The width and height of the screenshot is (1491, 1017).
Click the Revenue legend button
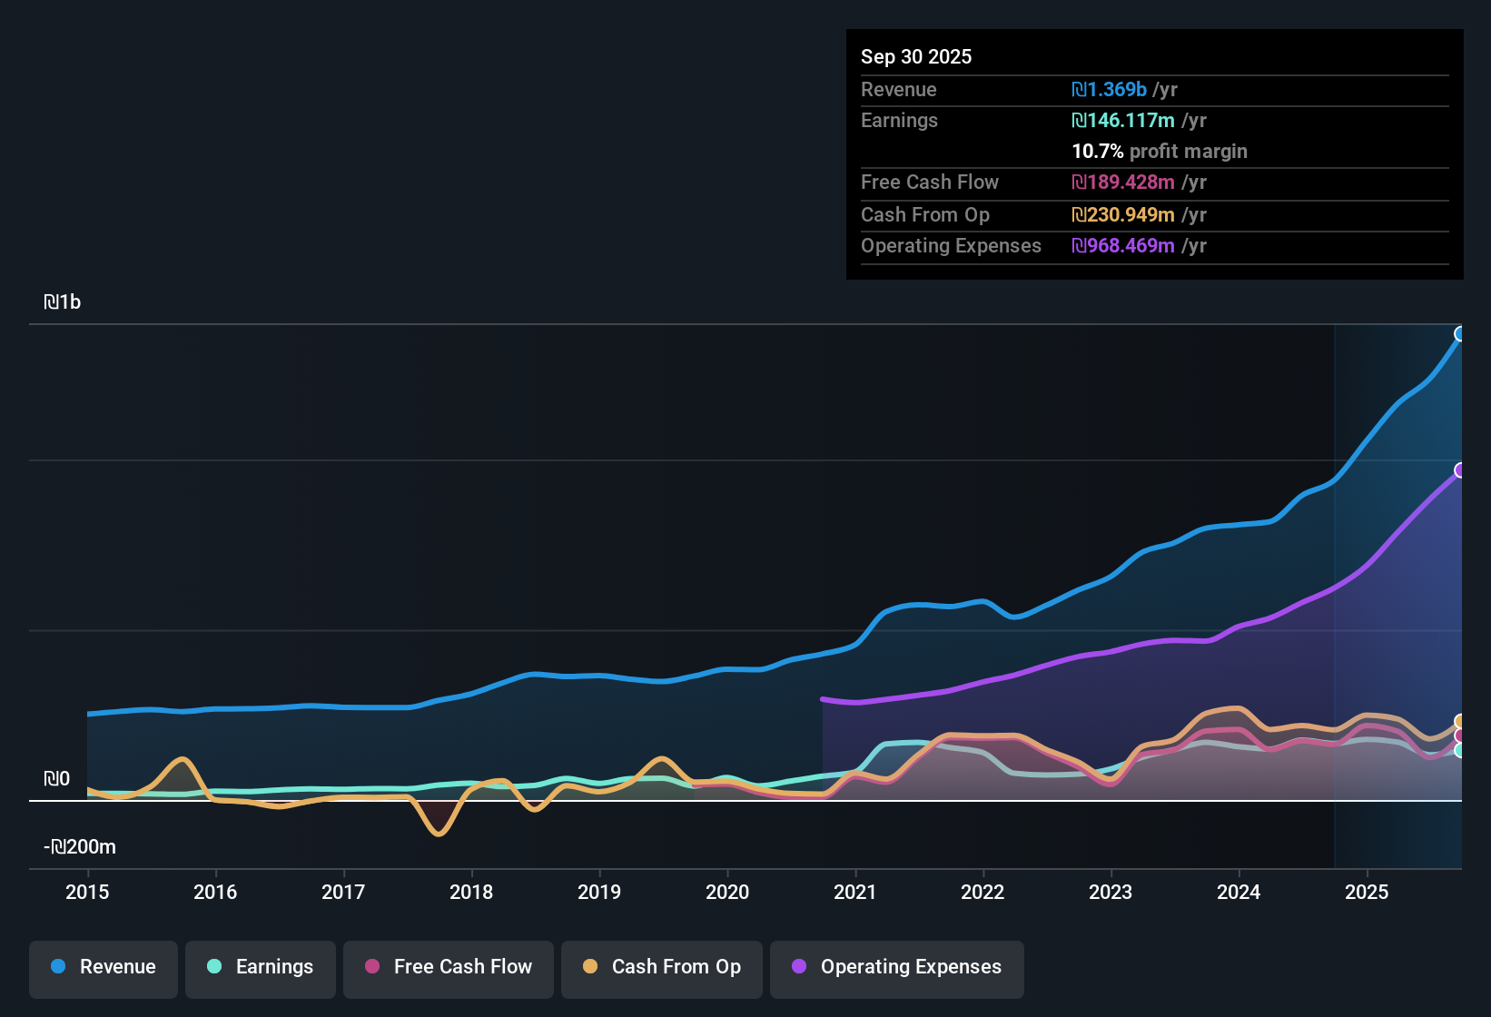104,967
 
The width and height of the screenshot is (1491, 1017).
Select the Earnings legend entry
261,967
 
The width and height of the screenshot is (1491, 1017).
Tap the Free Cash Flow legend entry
449,967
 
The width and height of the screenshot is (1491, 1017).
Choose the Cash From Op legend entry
662,967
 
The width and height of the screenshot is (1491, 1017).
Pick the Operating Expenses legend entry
897,967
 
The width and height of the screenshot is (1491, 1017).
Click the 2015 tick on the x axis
87,892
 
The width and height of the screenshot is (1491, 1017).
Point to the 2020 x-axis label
727,892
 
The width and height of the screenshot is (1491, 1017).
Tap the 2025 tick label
1367,892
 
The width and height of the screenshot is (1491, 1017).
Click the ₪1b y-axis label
63,302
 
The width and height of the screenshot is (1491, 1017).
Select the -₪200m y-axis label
80,847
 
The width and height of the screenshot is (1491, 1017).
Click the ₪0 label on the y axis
56,779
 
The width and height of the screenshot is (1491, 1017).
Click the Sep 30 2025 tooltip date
916,57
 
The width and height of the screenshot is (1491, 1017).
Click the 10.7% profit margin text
1160,152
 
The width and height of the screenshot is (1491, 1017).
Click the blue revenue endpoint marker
1460,333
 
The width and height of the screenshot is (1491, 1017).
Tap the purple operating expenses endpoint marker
1460,470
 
